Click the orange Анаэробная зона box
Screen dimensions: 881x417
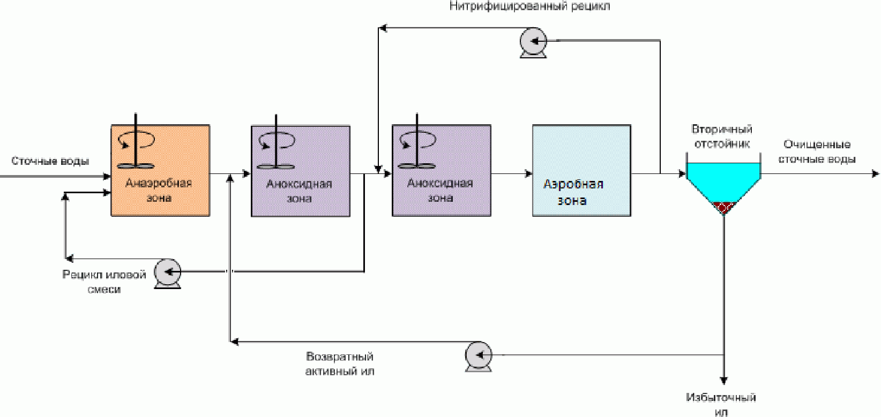160,170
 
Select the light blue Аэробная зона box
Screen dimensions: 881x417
581,170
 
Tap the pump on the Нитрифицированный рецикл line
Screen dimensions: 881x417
533,43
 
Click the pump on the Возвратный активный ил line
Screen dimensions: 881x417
478,356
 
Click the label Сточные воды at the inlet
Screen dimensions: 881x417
50,161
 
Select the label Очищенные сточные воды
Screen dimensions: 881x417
817,151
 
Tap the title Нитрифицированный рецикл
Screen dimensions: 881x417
530,6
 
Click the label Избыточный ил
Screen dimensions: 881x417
721,405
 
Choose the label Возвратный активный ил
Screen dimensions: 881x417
340,364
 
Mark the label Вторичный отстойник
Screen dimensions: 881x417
722,137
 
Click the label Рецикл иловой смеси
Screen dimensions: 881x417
104,282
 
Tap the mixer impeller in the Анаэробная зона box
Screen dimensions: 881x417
136,166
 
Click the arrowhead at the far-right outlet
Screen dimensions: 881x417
875,173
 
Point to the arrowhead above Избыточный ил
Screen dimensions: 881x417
723,381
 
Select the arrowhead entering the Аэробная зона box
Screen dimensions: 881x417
528,174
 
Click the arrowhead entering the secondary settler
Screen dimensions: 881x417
682,173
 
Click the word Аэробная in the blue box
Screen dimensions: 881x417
573,184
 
